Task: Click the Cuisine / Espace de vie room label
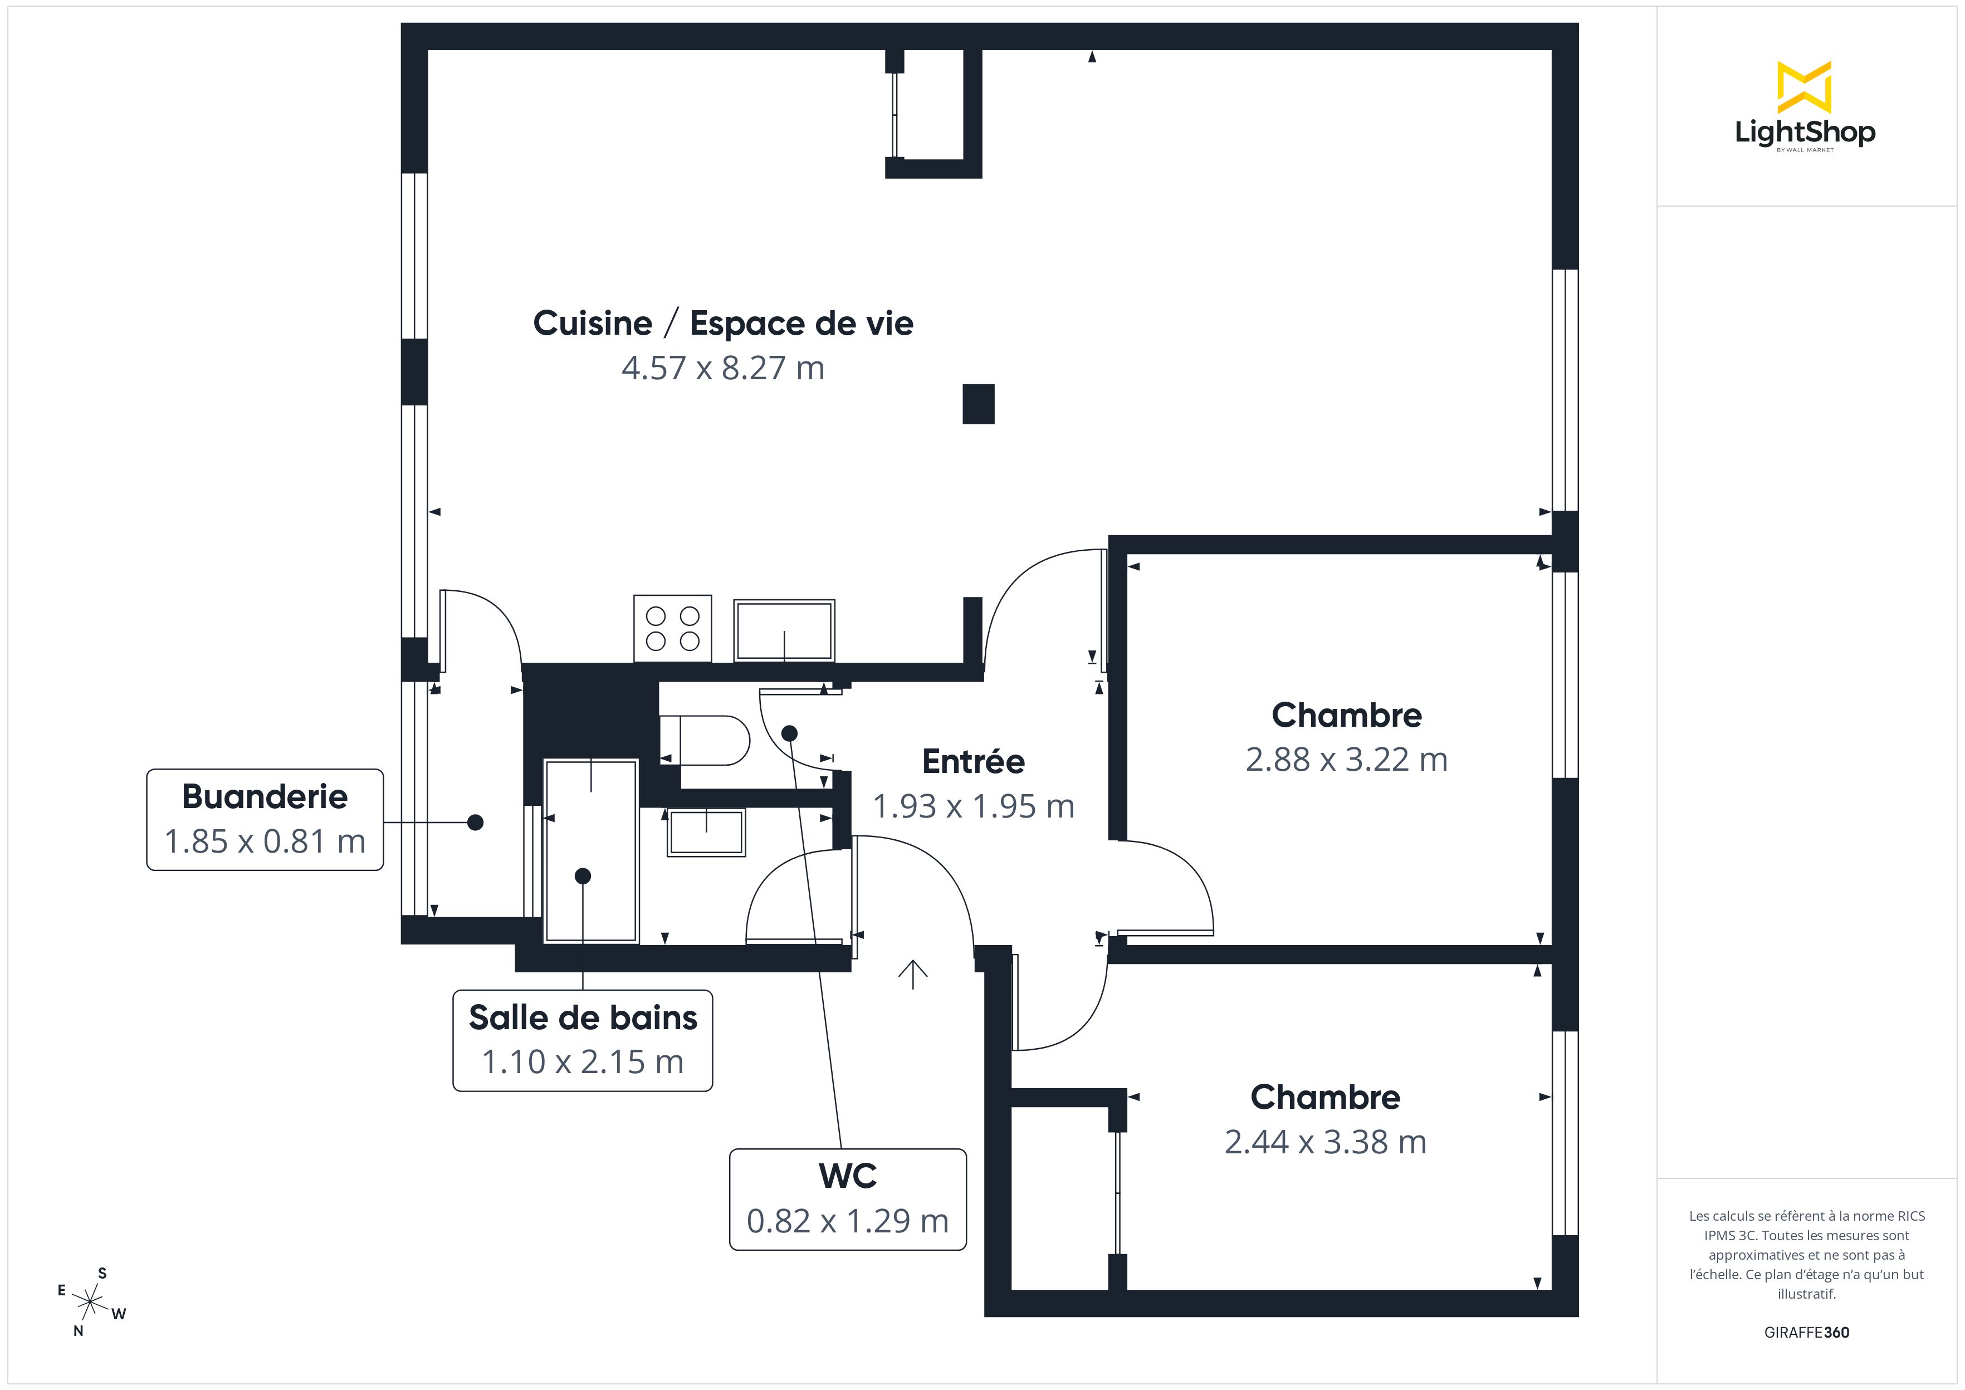723,324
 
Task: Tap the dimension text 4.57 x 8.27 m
723,368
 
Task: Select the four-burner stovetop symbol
673,628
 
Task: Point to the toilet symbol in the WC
705,740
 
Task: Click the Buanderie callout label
265,819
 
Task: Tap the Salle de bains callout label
583,1040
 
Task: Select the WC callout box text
848,1199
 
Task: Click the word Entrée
973,761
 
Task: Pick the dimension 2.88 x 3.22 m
1346,759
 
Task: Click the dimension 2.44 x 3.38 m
1326,1142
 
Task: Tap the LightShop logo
1805,107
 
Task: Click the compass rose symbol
90,1303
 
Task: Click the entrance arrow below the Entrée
913,974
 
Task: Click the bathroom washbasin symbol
706,831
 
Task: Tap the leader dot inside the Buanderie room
476,823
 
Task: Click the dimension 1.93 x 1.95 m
973,806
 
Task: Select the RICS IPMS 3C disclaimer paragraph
1807,1254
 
